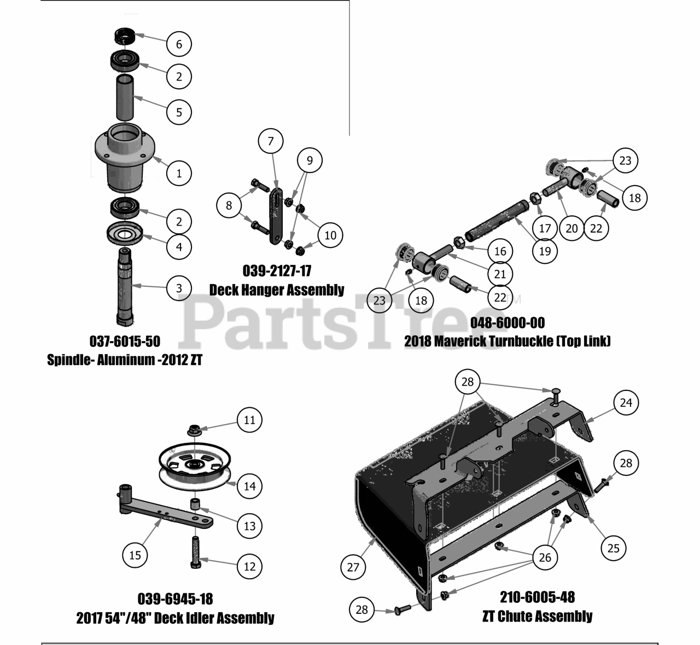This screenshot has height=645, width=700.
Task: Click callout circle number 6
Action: click(x=179, y=44)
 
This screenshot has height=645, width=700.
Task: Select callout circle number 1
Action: click(x=179, y=174)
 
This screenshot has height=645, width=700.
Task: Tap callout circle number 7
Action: click(x=271, y=141)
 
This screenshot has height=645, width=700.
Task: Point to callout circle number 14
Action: click(x=249, y=486)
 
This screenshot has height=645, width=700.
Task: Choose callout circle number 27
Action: click(x=353, y=566)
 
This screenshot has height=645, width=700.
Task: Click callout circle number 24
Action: click(x=626, y=402)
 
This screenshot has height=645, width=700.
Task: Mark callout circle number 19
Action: click(x=545, y=251)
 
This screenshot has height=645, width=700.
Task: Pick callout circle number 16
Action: click(x=500, y=251)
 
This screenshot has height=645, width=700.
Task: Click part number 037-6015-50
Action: click(x=125, y=341)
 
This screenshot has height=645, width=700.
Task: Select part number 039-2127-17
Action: click(x=277, y=270)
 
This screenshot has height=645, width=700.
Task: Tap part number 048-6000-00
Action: click(x=507, y=322)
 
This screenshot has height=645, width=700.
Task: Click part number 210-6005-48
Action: click(x=537, y=596)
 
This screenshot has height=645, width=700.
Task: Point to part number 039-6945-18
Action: click(x=175, y=598)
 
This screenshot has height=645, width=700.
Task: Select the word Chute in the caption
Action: click(x=518, y=617)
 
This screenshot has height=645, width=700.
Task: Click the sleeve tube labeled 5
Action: click(x=124, y=99)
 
